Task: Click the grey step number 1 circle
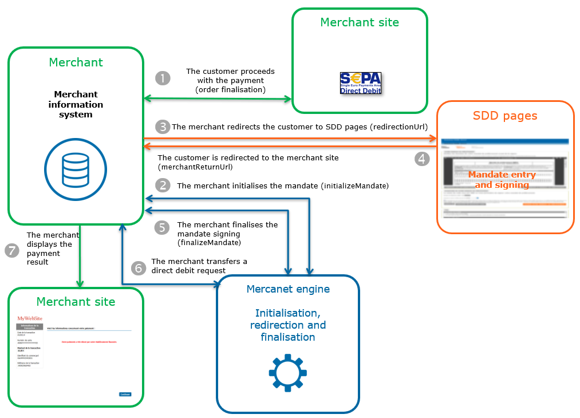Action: (x=163, y=78)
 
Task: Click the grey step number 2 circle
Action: (x=163, y=185)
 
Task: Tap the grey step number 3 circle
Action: (x=163, y=127)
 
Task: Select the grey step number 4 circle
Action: (x=422, y=159)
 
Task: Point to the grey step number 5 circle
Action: (x=163, y=228)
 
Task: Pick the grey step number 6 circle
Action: (x=138, y=267)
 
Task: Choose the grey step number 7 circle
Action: (x=12, y=251)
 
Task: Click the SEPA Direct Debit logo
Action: (x=360, y=84)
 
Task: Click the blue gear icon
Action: (x=287, y=373)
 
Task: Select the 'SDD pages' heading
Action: (x=505, y=116)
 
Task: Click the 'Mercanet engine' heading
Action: (x=288, y=289)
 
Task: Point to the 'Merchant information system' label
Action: (x=76, y=104)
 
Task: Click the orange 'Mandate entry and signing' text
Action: (x=502, y=180)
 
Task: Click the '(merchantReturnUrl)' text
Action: (x=195, y=167)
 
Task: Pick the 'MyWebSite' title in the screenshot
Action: (x=30, y=318)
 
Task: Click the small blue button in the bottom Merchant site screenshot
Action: (x=125, y=394)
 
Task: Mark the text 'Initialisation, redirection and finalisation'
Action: (x=288, y=325)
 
